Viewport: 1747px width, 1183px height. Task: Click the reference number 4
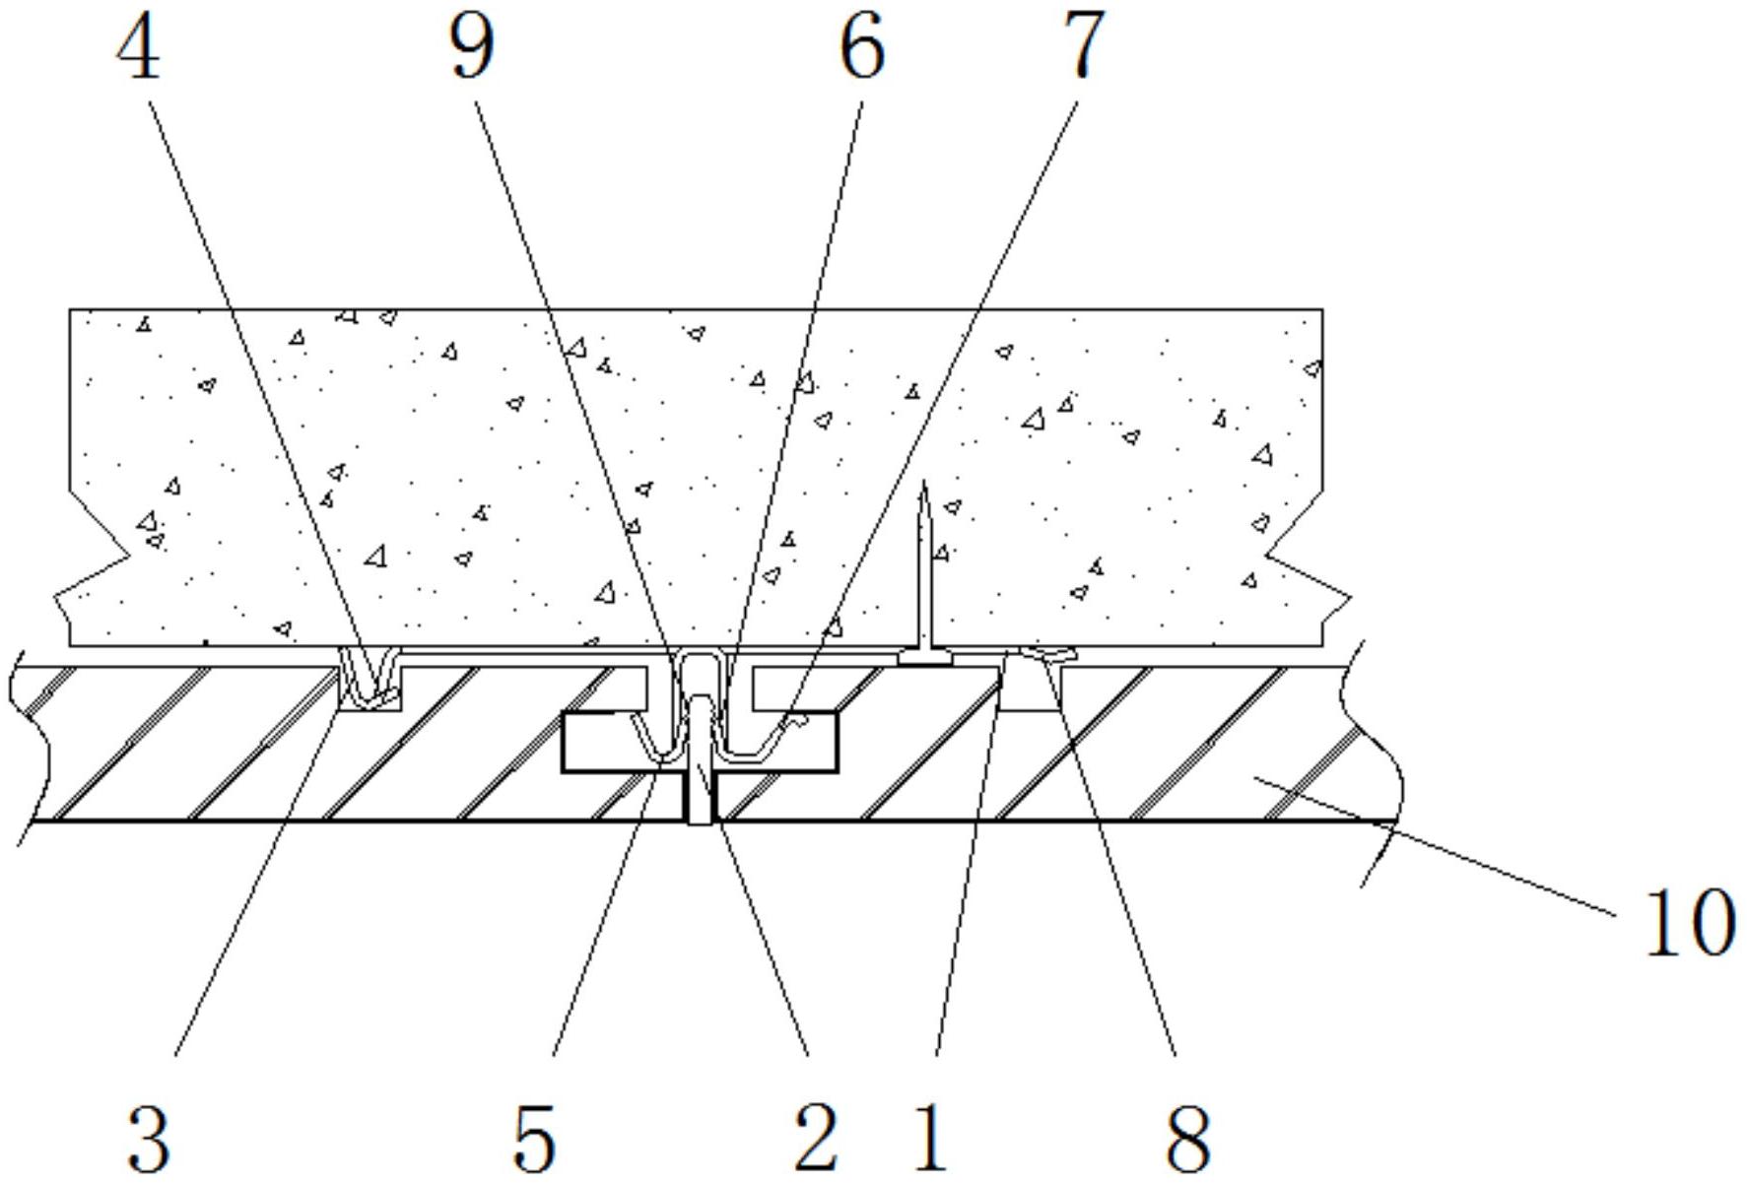pos(139,48)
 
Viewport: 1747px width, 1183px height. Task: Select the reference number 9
pos(471,48)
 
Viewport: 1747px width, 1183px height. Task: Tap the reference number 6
pos(861,48)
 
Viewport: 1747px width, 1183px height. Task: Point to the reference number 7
pos(1081,48)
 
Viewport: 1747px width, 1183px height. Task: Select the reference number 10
pos(1687,921)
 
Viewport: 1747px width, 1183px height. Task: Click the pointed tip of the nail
pos(923,483)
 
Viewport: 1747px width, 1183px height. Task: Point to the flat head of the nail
pos(924,656)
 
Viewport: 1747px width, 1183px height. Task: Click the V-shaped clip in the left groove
pos(370,678)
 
